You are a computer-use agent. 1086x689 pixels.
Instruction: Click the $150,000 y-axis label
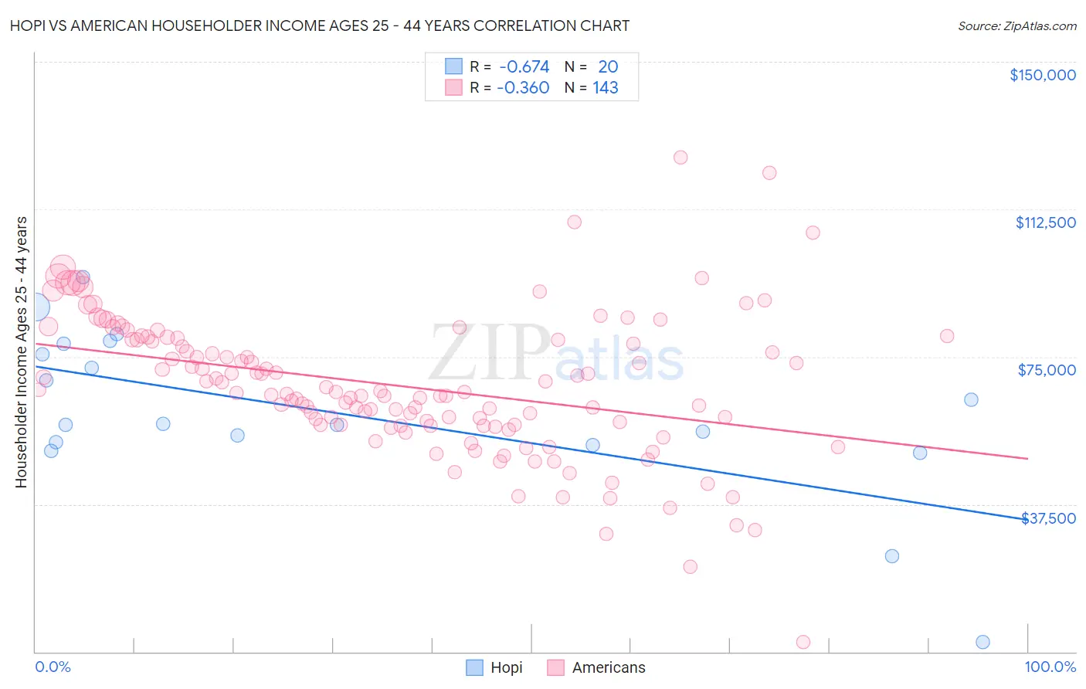(x=1042, y=75)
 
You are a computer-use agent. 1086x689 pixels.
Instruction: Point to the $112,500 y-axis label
(x=1045, y=222)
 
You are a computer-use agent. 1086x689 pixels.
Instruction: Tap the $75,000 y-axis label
(x=1047, y=370)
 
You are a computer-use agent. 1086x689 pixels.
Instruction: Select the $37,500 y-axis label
(x=1048, y=518)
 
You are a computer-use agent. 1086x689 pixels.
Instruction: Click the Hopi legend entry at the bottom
(x=506, y=668)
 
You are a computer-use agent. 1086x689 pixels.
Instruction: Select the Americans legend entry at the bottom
(x=608, y=668)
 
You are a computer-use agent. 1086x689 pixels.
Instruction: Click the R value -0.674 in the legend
(x=524, y=67)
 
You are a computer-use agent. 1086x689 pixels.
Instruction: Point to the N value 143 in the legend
(x=606, y=88)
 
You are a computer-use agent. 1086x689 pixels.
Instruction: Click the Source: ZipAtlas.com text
(x=1016, y=26)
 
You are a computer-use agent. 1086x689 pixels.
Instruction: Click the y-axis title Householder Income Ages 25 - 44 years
(x=21, y=352)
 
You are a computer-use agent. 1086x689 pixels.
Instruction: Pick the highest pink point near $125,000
(x=680, y=158)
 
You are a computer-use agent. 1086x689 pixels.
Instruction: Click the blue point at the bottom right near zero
(x=982, y=642)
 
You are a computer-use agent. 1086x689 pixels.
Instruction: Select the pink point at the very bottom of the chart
(x=803, y=642)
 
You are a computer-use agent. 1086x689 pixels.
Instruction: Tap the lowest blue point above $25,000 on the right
(x=892, y=556)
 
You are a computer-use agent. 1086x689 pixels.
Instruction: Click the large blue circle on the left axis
(x=34, y=307)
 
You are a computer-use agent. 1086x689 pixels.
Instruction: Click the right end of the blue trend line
(x=1027, y=519)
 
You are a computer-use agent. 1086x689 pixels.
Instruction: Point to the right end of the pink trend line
(x=1027, y=459)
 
